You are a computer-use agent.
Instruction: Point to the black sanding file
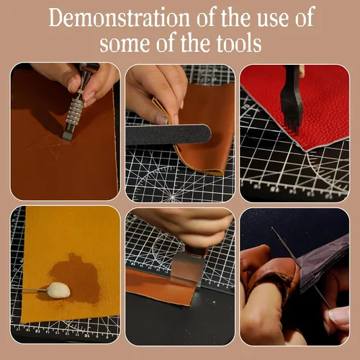tap(168, 135)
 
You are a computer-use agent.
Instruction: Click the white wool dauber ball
tap(59, 290)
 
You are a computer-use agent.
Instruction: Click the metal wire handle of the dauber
tap(35, 290)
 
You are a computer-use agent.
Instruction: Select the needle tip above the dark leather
tap(273, 228)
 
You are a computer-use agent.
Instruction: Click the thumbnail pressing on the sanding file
tap(162, 120)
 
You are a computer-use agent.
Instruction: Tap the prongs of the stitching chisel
tap(291, 125)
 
